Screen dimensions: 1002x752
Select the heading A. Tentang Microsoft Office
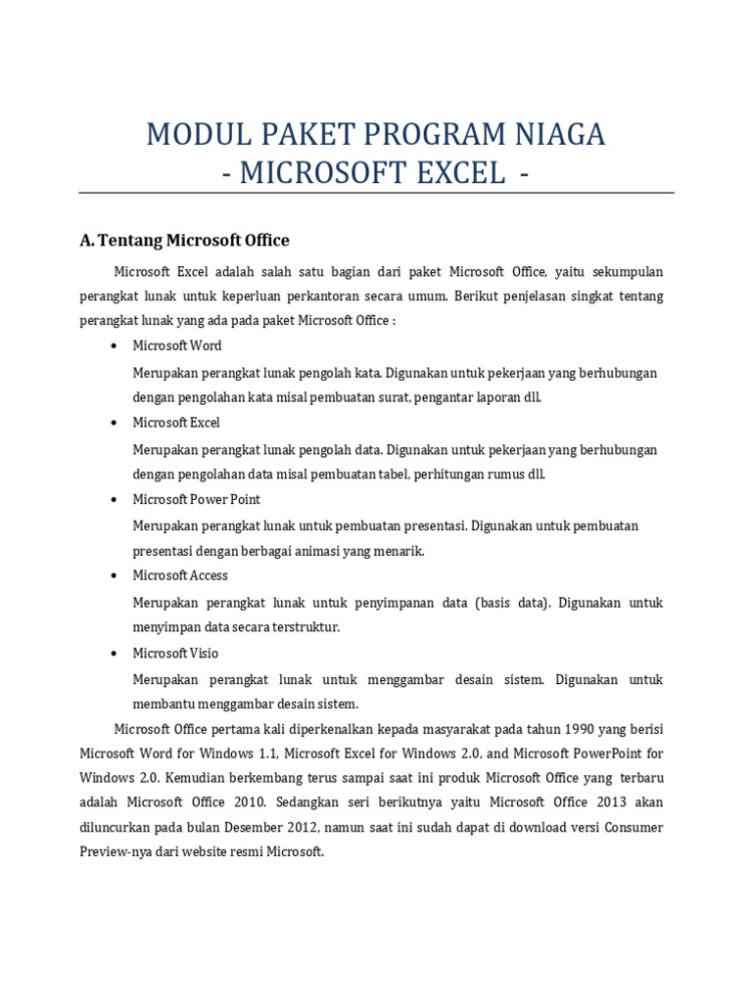(x=184, y=240)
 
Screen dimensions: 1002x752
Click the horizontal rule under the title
(x=376, y=194)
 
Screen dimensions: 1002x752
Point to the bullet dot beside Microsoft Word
(x=115, y=346)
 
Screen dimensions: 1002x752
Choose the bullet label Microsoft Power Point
(x=196, y=499)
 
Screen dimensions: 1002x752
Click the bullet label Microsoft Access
(x=180, y=575)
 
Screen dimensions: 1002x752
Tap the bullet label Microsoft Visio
(x=175, y=653)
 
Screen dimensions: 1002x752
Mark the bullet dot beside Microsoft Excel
(x=115, y=423)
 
